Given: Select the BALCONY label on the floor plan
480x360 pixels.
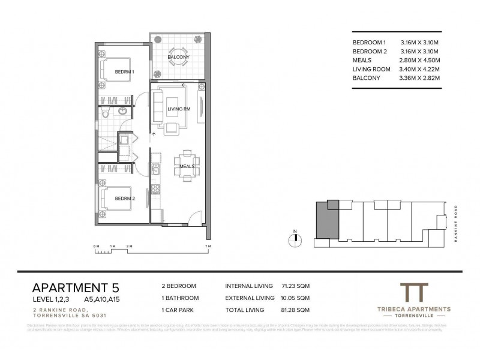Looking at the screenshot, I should coord(179,57).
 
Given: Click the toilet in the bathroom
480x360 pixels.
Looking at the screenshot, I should coord(105,113).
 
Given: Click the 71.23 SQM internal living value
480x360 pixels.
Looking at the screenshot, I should coord(295,286).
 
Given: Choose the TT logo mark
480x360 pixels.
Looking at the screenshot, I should coord(417,293).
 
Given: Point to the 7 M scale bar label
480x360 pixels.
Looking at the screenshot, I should coord(207,246).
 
